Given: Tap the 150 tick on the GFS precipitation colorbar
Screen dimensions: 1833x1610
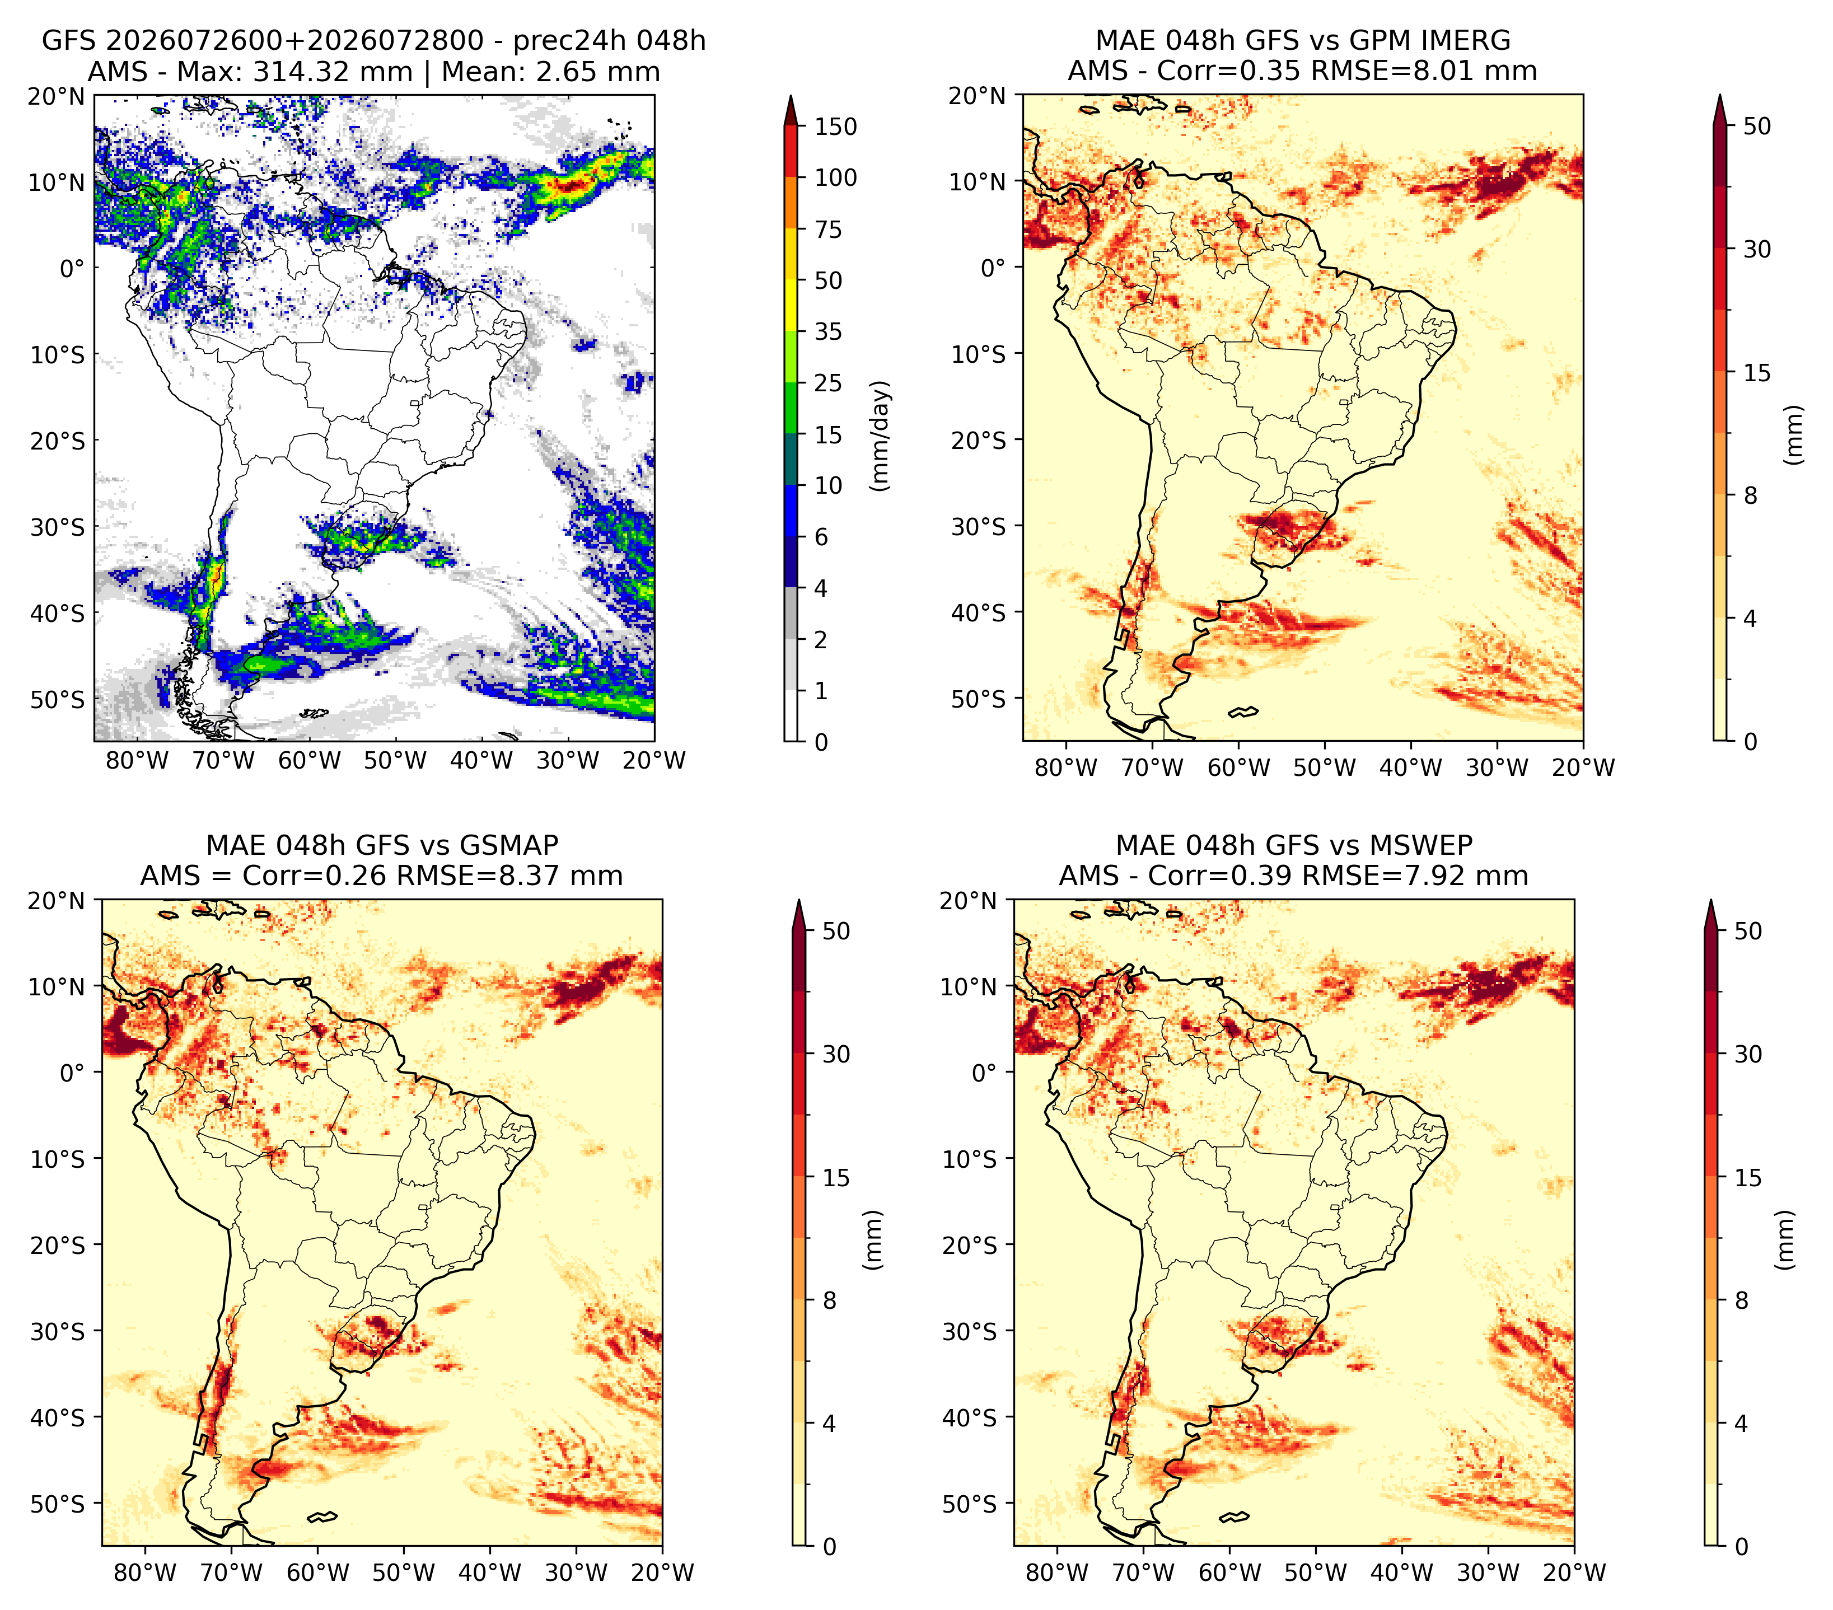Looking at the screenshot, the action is point(836,127).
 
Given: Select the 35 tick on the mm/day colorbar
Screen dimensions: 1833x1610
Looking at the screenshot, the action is point(829,331).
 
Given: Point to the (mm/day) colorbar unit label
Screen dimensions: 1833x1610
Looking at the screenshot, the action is point(882,436).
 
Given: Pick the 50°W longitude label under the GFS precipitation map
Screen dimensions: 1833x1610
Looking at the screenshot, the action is point(395,761).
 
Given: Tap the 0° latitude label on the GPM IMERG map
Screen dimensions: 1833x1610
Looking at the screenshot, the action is point(994,268).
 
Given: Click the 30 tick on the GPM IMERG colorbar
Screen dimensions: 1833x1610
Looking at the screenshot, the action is point(1757,249).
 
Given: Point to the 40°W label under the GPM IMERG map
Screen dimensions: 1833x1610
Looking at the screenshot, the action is point(1410,767).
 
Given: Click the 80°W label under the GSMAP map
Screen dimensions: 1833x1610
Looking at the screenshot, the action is point(145,1572).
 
